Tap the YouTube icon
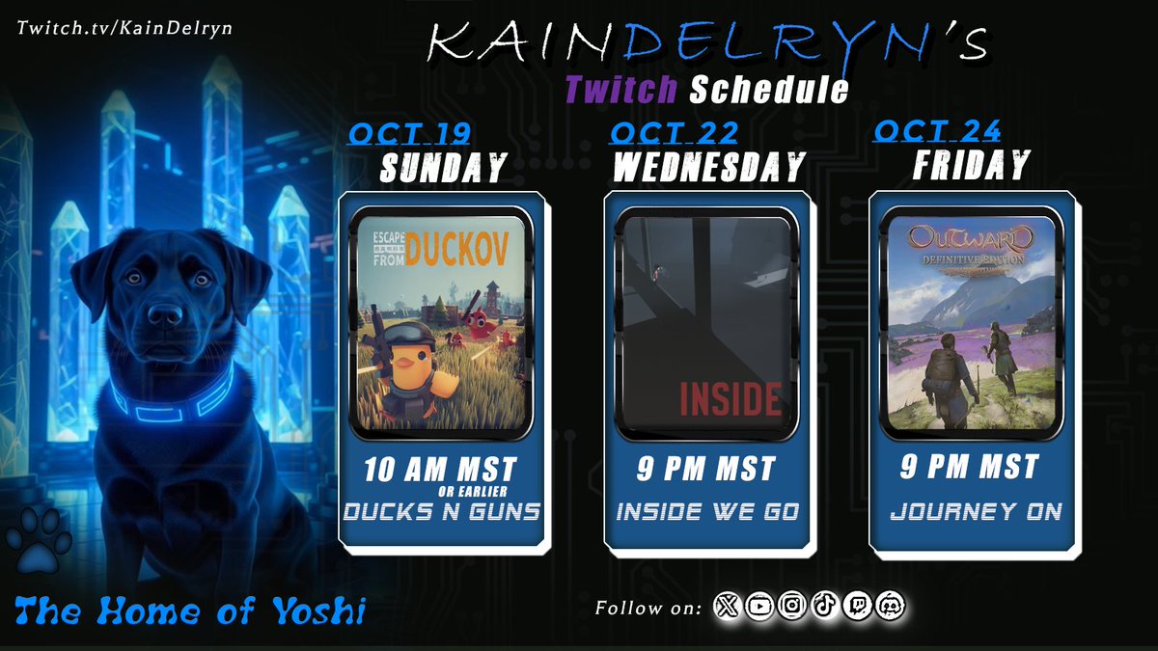[x=760, y=607]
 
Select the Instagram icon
[x=792, y=607]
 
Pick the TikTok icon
[x=823, y=607]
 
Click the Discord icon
[x=889, y=607]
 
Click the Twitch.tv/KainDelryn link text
[x=124, y=27]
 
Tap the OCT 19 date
[x=404, y=134]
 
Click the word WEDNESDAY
[x=709, y=168]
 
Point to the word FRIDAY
[x=971, y=165]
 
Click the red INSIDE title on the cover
[x=731, y=398]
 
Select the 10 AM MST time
[x=440, y=470]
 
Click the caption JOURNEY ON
[x=974, y=512]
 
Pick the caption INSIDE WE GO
[x=708, y=512]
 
